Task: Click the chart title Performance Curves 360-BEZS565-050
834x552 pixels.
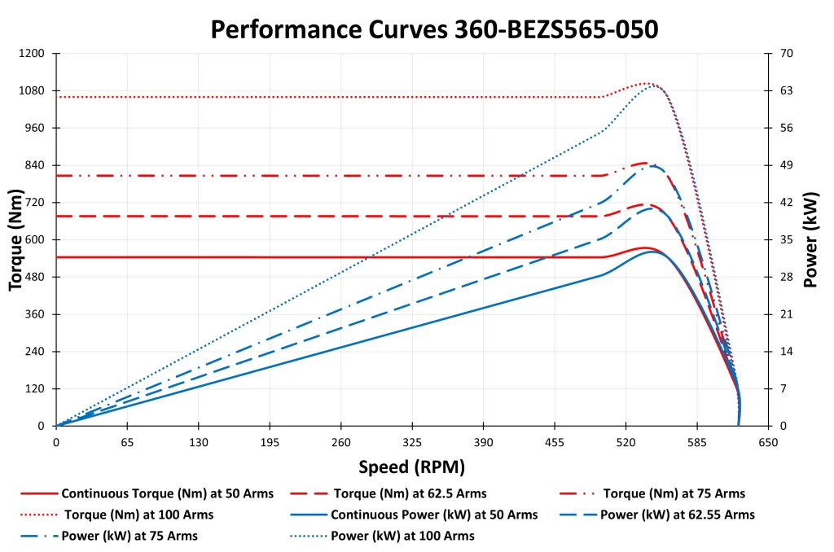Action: (434, 29)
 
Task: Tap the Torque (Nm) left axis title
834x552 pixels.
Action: (15, 240)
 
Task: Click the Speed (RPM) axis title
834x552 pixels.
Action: (411, 467)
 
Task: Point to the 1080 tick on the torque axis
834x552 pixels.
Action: (32, 90)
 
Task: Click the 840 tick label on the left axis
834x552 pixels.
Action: (35, 165)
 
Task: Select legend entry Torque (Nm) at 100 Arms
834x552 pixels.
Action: (138, 515)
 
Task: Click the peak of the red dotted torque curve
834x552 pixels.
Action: (646, 83)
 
